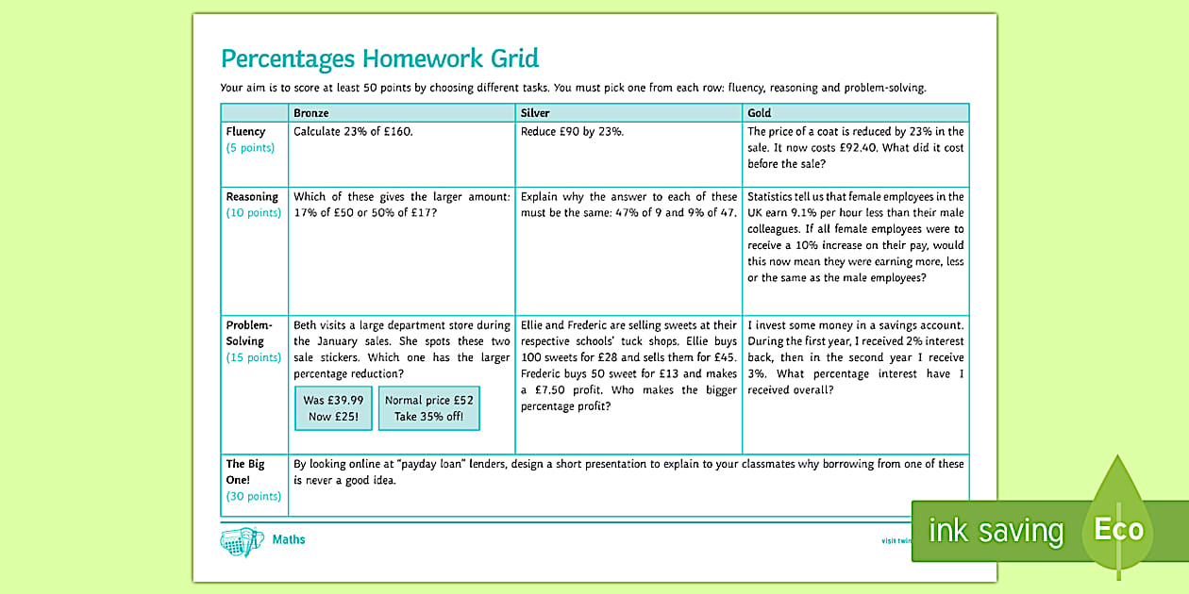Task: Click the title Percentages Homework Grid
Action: (379, 58)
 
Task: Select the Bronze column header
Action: (311, 113)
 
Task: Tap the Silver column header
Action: (535, 113)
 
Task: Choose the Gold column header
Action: (760, 113)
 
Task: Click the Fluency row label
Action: (245, 132)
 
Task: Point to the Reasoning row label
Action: (252, 197)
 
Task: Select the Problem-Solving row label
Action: (248, 333)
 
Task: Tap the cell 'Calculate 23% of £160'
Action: (353, 132)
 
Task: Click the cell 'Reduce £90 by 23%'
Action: (572, 132)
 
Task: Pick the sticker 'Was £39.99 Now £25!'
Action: (333, 408)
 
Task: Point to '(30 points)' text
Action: (253, 497)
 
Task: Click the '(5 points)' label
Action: (250, 148)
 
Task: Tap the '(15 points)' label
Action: (253, 357)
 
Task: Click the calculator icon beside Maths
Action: (242, 541)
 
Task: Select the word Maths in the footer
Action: (289, 540)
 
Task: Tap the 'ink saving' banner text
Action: (996, 531)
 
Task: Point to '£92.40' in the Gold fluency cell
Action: (879, 148)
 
